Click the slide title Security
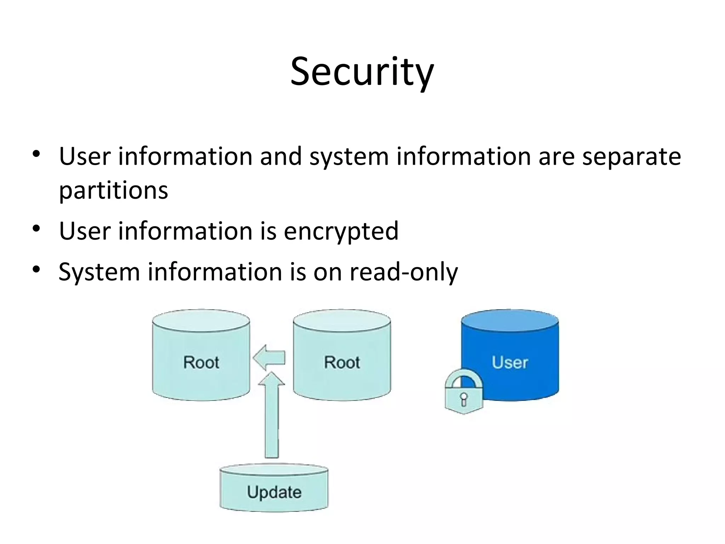click(362, 72)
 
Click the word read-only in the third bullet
click(404, 272)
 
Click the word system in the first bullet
click(349, 157)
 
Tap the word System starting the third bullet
click(99, 272)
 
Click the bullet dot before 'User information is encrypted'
click(36, 229)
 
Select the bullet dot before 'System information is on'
click(36, 270)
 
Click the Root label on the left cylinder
click(201, 362)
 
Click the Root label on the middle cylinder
click(342, 362)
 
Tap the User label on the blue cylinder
click(510, 362)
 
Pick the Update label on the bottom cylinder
click(274, 492)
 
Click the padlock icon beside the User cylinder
click(464, 393)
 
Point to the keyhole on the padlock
click(464, 399)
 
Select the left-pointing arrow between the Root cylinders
click(269, 357)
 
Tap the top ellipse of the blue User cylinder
click(510, 321)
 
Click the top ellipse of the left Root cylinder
click(201, 321)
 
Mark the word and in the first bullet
click(280, 157)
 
